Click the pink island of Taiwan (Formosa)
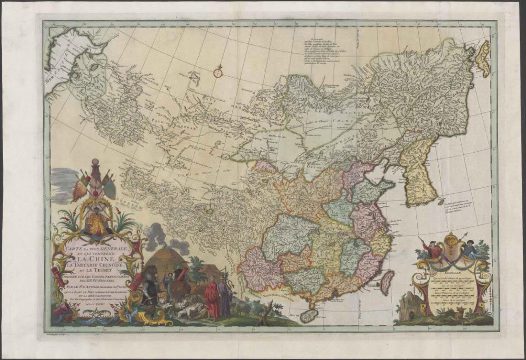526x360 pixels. pos(387,281)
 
